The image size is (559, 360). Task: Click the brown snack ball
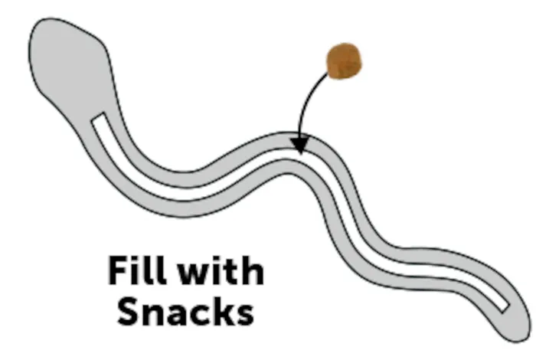click(x=344, y=61)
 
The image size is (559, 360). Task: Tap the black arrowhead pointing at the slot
click(x=300, y=146)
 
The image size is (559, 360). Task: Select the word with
click(x=221, y=271)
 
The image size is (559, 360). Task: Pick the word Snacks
click(x=185, y=311)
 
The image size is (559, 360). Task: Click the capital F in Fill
click(x=118, y=270)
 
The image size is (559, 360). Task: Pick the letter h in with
click(x=252, y=271)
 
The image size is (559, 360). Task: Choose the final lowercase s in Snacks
click(x=244, y=315)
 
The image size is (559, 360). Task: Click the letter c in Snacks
click(x=198, y=315)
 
